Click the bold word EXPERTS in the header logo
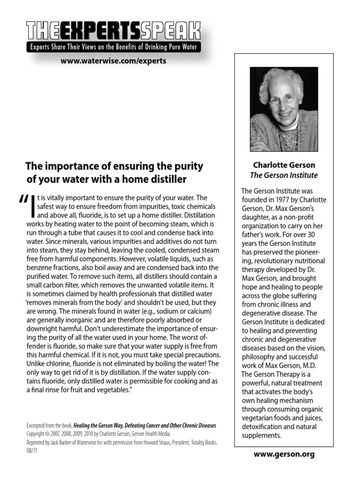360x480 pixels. (x=95, y=30)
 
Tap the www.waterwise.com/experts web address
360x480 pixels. (x=113, y=60)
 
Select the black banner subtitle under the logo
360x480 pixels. (x=113, y=47)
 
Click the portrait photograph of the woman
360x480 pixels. (x=284, y=109)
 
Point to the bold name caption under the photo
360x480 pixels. (x=284, y=165)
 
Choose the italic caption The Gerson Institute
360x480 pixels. (x=284, y=175)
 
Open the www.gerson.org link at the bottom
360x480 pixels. (x=284, y=454)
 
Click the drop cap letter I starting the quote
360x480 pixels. (x=33, y=206)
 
